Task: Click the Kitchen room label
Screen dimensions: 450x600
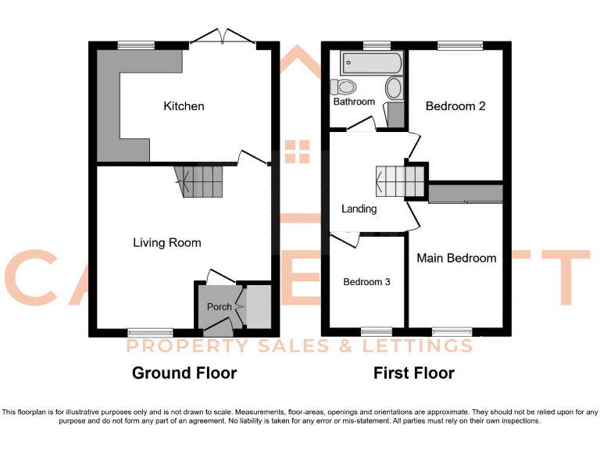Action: coord(184,105)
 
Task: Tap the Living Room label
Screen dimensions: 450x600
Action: coord(166,243)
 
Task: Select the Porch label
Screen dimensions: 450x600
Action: coord(219,307)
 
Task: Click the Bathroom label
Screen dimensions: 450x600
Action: coord(354,102)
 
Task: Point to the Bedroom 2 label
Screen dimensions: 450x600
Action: coord(455,105)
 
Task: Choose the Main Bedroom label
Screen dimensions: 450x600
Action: coord(456,258)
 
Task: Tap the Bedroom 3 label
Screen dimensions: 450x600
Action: coord(366,281)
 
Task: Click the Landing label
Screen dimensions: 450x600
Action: coord(359,209)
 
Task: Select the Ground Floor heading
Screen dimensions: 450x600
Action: coord(184,373)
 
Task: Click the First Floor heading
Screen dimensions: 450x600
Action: coord(414,373)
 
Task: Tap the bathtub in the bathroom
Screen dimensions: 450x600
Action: coord(372,62)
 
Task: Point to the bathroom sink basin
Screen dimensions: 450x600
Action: coord(395,87)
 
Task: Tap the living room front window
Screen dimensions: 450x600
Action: coord(150,332)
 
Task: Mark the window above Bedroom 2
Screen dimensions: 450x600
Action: coord(459,45)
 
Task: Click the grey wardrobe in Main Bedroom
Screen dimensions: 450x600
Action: coord(466,193)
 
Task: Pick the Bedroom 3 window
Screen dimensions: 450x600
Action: coord(377,331)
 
